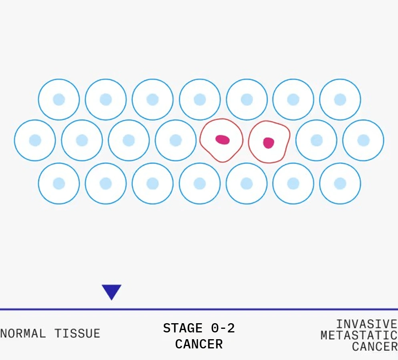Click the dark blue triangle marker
(111, 291)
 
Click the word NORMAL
(23, 333)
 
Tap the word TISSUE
(77, 333)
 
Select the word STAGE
(183, 328)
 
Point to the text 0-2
(223, 328)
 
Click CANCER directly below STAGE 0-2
(199, 344)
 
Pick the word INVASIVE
(366, 324)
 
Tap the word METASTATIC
(359, 335)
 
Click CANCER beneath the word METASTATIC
(374, 346)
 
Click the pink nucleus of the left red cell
(222, 140)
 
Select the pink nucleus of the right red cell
(268, 142)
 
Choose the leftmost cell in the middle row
(35, 140)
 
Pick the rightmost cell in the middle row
(363, 140)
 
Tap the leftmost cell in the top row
(59, 99)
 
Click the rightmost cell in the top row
(340, 99)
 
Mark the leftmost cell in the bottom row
(59, 183)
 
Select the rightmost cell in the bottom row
(340, 183)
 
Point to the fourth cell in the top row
(199, 99)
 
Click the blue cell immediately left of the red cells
(175, 140)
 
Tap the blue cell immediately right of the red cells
(316, 140)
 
